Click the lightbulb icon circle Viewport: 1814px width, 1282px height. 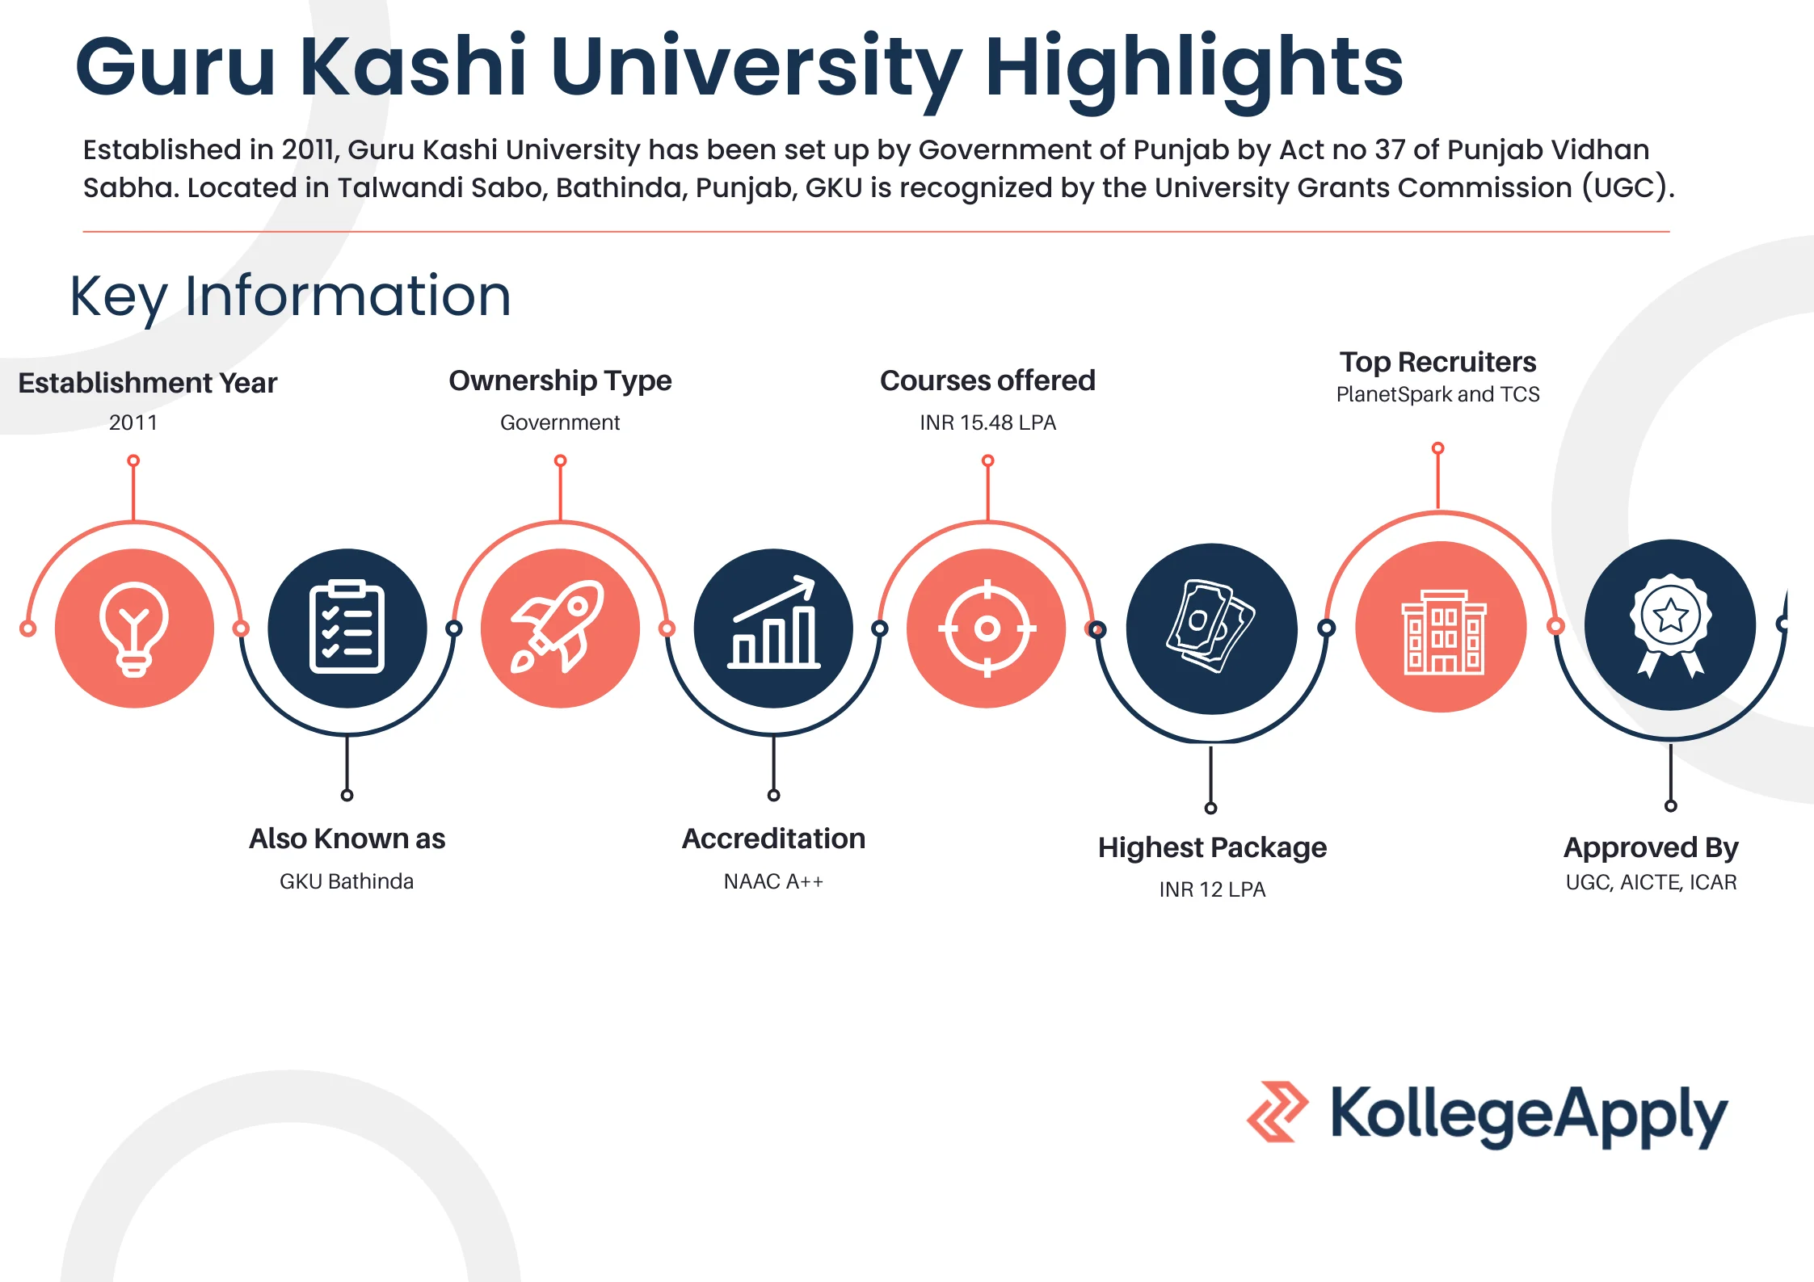134,628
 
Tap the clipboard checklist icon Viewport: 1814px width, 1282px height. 347,628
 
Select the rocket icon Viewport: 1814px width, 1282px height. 560,628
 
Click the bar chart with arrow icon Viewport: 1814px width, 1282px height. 773,628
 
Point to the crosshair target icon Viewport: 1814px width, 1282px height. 987,628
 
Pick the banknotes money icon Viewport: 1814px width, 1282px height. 1211,628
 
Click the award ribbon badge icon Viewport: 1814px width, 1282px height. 1670,625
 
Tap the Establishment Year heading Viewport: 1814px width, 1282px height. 148,383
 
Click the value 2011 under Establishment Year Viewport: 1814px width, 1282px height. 133,422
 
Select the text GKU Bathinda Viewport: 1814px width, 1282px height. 347,881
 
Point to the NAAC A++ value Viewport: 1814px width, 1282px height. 773,881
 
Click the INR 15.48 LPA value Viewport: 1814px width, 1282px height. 987,422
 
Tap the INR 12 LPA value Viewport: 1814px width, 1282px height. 1212,889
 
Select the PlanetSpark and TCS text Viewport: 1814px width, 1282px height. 1437,394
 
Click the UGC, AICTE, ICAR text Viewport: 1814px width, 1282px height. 1651,882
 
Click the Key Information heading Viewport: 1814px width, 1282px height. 291,296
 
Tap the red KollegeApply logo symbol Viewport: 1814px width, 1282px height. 1277,1112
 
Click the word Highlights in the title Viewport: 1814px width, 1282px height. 1193,68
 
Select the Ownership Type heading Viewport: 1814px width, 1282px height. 560,380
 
